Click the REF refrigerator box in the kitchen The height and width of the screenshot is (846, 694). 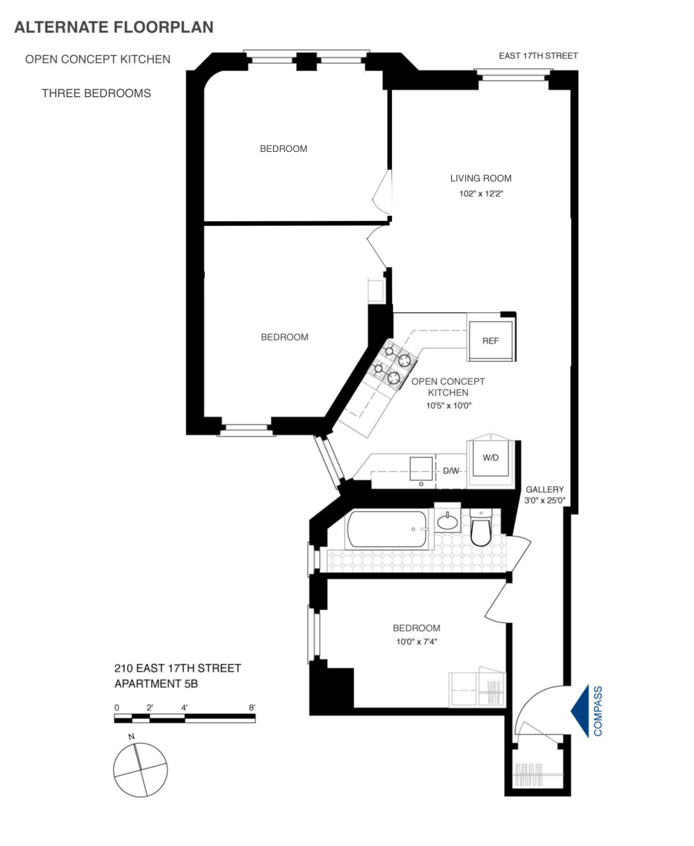(x=490, y=340)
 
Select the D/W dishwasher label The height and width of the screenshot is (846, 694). (x=451, y=471)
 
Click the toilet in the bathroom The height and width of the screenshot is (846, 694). (x=481, y=530)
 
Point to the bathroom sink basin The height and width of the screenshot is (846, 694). (x=447, y=522)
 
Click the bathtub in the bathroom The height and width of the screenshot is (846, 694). (x=388, y=529)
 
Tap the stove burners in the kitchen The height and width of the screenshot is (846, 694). (x=392, y=364)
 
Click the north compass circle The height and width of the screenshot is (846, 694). (x=140, y=770)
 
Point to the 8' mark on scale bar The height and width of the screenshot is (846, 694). (x=252, y=708)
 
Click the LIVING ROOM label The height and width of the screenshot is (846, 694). (x=481, y=178)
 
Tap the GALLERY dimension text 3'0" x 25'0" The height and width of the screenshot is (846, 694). (x=545, y=501)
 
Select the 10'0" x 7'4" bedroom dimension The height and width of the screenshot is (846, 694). (x=416, y=642)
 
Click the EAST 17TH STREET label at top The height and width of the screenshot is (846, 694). (x=538, y=56)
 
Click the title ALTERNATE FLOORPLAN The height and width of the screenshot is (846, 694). (x=114, y=27)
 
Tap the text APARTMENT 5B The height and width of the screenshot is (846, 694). (x=156, y=683)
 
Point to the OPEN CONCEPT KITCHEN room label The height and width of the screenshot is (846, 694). (x=448, y=387)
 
